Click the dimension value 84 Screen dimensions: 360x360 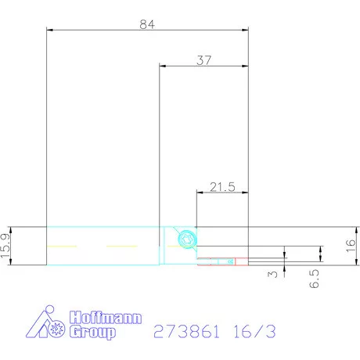[x=147, y=23]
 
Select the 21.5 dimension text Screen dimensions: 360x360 [x=222, y=186]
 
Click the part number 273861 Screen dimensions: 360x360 [x=186, y=330]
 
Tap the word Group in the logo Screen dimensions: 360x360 [x=93, y=333]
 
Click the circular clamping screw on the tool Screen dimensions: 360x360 [x=185, y=239]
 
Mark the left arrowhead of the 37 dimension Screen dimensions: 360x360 [x=163, y=66]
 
